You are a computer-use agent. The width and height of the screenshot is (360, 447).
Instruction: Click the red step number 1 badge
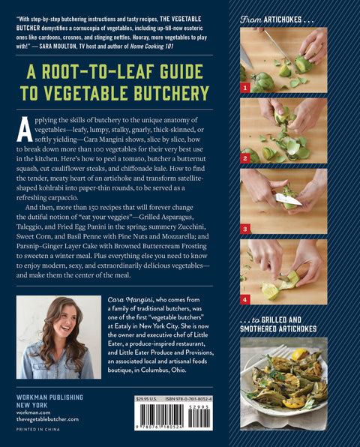[x=244, y=88]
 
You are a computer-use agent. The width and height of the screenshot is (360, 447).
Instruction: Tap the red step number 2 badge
[x=244, y=158]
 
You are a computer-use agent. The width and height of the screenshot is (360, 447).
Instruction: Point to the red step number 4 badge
[x=244, y=298]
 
